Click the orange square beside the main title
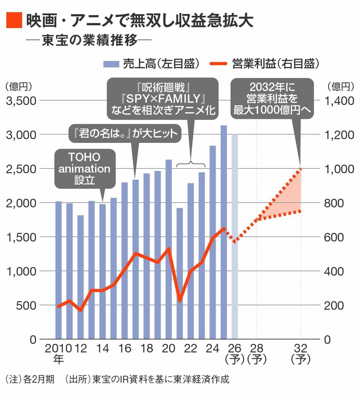13,20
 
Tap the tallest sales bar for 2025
223,232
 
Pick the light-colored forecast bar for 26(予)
235,236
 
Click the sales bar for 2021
180,273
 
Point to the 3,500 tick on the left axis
21,101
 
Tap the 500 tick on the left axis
25,305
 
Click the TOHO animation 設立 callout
85,169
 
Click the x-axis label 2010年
58,353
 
